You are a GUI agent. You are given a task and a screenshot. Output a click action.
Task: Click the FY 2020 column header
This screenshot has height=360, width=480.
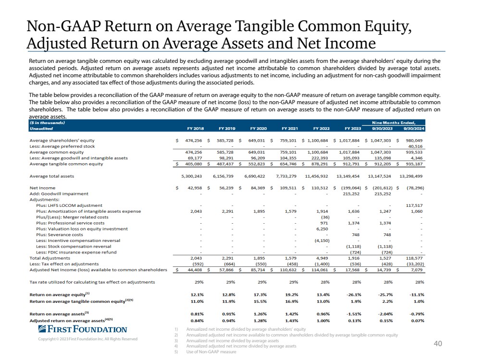tap(258, 129)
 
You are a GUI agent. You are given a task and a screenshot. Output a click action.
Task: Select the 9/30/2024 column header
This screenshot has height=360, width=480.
tap(414, 129)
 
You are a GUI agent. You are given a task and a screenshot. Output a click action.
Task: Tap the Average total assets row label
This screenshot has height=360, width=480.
tap(52, 176)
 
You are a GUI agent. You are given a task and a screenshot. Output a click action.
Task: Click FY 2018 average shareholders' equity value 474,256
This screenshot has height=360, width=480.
tap(194, 141)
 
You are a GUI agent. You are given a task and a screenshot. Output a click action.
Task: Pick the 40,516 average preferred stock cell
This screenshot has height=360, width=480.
tap(416, 146)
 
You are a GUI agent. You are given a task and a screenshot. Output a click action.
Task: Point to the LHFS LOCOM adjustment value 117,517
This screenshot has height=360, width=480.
tap(414, 205)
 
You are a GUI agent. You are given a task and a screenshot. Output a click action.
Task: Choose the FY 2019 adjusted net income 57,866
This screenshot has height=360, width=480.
tap(226, 270)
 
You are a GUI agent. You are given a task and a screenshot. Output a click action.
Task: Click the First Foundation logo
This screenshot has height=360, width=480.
tap(83, 329)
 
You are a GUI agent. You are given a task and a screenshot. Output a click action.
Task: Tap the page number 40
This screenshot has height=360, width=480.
tap(438, 344)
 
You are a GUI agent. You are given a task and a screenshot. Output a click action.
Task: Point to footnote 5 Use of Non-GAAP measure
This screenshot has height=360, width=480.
tap(211, 352)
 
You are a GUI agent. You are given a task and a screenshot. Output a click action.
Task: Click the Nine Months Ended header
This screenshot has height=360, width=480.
tap(394, 123)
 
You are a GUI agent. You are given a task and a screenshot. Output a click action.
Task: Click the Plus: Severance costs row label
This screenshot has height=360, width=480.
tap(60, 235)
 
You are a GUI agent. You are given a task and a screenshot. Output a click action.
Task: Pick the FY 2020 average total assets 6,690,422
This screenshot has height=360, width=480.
tap(255, 176)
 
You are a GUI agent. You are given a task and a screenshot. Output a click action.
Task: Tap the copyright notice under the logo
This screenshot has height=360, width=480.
tap(88, 339)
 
